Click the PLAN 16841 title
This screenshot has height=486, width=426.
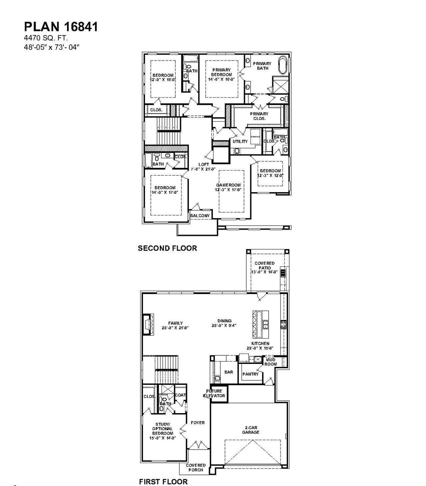(x=61, y=27)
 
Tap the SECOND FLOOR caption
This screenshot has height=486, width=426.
(x=167, y=248)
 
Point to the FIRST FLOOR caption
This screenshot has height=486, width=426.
(x=163, y=481)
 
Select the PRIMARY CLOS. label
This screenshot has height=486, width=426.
(x=259, y=116)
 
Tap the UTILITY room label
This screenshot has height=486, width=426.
(x=240, y=141)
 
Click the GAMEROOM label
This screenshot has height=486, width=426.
(x=228, y=187)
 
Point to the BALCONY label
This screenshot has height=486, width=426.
(x=200, y=216)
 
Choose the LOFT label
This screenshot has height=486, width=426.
(x=204, y=167)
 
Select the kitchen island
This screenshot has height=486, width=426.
(x=261, y=324)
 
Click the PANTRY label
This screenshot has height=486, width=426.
(x=250, y=374)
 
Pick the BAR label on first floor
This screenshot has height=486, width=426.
(x=229, y=372)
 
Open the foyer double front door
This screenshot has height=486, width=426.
(x=199, y=444)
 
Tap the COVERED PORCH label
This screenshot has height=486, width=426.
(x=196, y=467)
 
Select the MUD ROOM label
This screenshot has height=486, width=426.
(x=271, y=362)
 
